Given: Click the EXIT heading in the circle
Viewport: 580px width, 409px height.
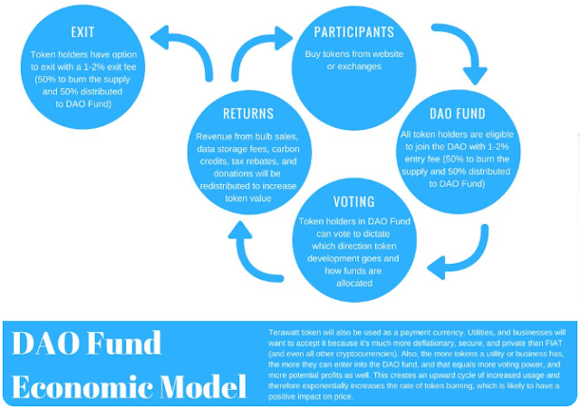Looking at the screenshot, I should [82, 32].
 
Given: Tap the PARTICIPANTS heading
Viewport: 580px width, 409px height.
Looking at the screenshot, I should [354, 32].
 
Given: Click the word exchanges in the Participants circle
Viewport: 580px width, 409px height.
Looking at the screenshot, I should [361, 66].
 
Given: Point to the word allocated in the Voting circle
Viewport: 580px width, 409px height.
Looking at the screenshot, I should [354, 283].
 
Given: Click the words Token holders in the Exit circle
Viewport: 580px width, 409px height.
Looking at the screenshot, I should [55, 54].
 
